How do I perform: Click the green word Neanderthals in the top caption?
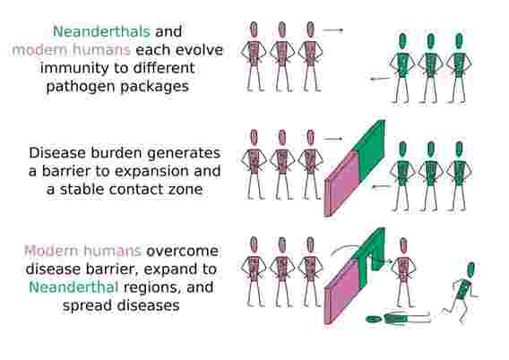click(101, 31)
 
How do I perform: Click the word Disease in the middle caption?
click(57, 153)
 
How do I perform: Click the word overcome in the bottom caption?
click(182, 251)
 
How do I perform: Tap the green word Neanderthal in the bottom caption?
click(73, 287)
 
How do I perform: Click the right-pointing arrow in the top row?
click(332, 30)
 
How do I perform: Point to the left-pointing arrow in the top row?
click(380, 79)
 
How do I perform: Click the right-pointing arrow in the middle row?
click(332, 139)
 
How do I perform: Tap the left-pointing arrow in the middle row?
click(381, 186)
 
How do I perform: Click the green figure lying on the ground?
click(398, 319)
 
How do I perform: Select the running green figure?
click(462, 292)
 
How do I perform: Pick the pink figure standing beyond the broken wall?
click(403, 272)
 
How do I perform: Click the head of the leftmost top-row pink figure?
click(254, 30)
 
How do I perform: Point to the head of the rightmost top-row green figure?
click(459, 41)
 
